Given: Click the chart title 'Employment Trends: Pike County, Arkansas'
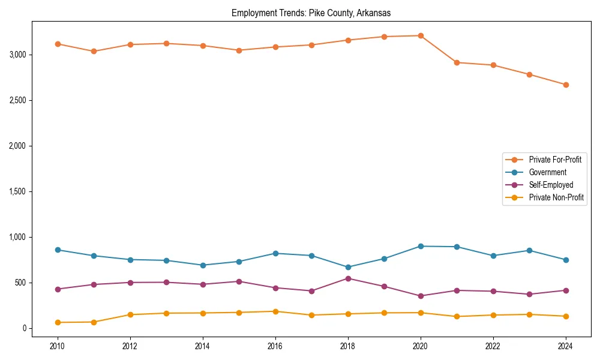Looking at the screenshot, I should click(311, 13).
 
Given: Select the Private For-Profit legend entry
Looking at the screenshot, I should click(555, 160).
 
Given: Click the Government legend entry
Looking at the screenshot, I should click(547, 172).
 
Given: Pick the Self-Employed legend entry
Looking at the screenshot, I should click(551, 185).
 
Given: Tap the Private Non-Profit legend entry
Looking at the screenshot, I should click(556, 197).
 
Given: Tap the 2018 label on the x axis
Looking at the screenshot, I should click(348, 346).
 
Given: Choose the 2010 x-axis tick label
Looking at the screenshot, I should click(58, 346).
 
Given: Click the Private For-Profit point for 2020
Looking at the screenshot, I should click(421, 35).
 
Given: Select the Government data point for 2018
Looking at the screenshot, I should click(348, 267).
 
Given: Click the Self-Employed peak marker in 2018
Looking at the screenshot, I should click(348, 278).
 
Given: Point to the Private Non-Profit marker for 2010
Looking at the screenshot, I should click(58, 322).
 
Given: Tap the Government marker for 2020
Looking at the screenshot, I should click(421, 246).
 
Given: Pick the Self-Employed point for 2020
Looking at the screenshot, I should click(421, 296).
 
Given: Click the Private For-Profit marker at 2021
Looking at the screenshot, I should click(457, 62).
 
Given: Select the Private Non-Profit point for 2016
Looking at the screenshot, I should click(275, 311).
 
